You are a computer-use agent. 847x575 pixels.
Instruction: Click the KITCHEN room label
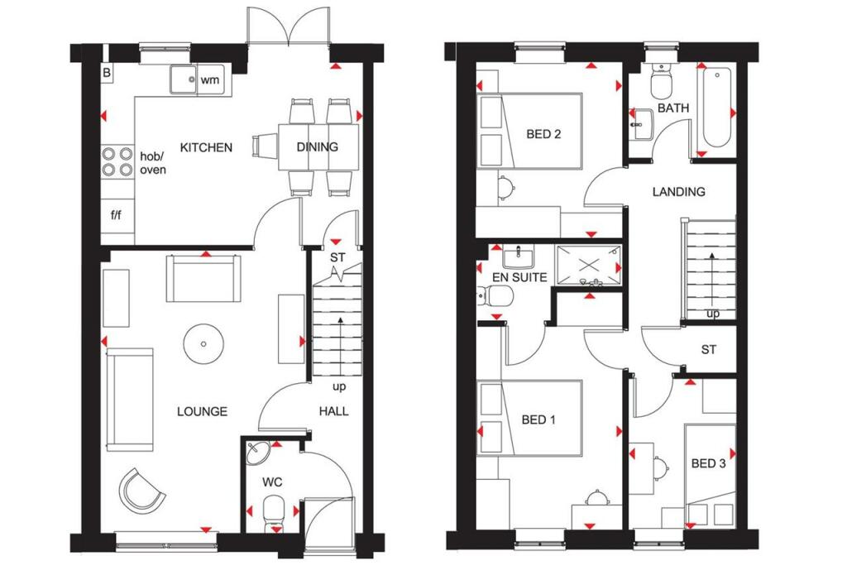[206, 147]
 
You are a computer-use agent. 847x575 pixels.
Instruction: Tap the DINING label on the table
[317, 146]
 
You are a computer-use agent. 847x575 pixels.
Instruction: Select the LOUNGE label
[202, 412]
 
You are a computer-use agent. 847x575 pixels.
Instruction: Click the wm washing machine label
[210, 80]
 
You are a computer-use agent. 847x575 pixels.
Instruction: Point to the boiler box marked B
[107, 73]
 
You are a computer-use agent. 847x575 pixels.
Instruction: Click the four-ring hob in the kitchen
[117, 162]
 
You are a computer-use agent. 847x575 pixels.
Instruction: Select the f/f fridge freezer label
[116, 215]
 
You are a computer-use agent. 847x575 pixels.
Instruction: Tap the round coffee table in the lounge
[203, 343]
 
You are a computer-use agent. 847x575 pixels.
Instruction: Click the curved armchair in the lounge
[141, 491]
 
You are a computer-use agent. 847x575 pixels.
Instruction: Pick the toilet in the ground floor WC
[273, 514]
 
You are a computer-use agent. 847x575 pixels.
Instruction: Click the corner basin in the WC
[257, 453]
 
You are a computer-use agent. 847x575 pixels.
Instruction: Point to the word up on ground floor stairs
[339, 386]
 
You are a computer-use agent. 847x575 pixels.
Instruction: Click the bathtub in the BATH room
[715, 108]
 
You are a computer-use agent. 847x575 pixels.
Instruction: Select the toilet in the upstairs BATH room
[661, 81]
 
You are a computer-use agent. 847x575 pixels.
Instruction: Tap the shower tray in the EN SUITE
[589, 265]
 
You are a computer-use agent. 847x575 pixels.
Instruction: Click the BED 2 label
[543, 134]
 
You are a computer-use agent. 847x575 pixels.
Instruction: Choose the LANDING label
[678, 191]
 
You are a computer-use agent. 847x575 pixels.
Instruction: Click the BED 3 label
[708, 463]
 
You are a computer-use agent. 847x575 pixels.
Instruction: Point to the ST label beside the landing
[709, 350]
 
